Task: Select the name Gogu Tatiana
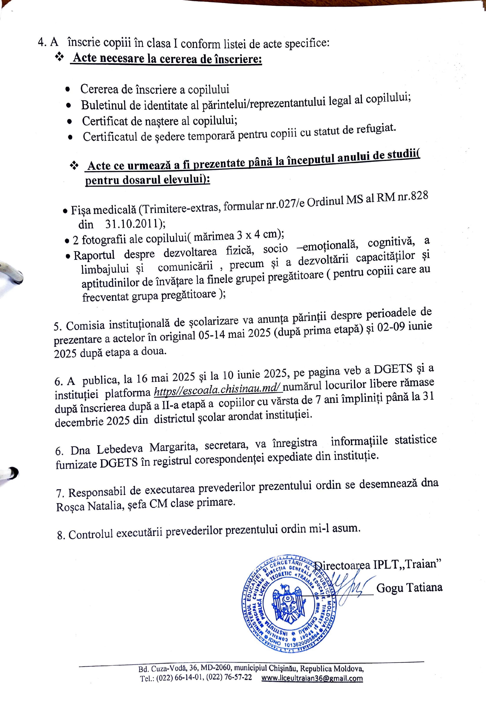(x=409, y=588)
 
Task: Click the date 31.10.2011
(x=133, y=223)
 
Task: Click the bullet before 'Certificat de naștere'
(x=70, y=122)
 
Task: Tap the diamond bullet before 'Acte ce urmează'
(x=74, y=166)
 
